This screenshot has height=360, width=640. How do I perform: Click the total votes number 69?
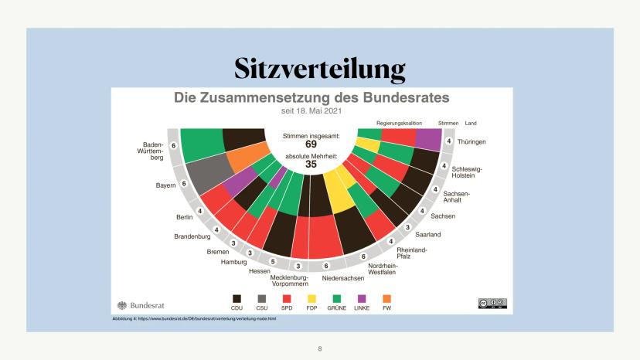tap(311, 144)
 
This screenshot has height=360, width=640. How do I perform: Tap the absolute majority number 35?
tap(311, 164)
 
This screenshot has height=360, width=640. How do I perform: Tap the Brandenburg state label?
tap(192, 236)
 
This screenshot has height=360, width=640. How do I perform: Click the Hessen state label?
tap(259, 270)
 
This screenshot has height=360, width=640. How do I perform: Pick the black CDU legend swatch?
tap(238, 297)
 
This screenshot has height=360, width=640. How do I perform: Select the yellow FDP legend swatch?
tap(312, 297)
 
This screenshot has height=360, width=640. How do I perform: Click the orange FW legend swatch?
tap(387, 297)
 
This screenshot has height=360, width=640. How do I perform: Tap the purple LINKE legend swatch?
tap(362, 297)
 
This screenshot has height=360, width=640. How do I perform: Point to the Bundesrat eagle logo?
tap(122, 304)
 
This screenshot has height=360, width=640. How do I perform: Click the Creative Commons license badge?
tap(492, 303)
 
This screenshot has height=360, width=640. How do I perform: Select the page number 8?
tap(320, 348)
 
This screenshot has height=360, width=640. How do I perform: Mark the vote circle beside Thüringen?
tap(449, 141)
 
